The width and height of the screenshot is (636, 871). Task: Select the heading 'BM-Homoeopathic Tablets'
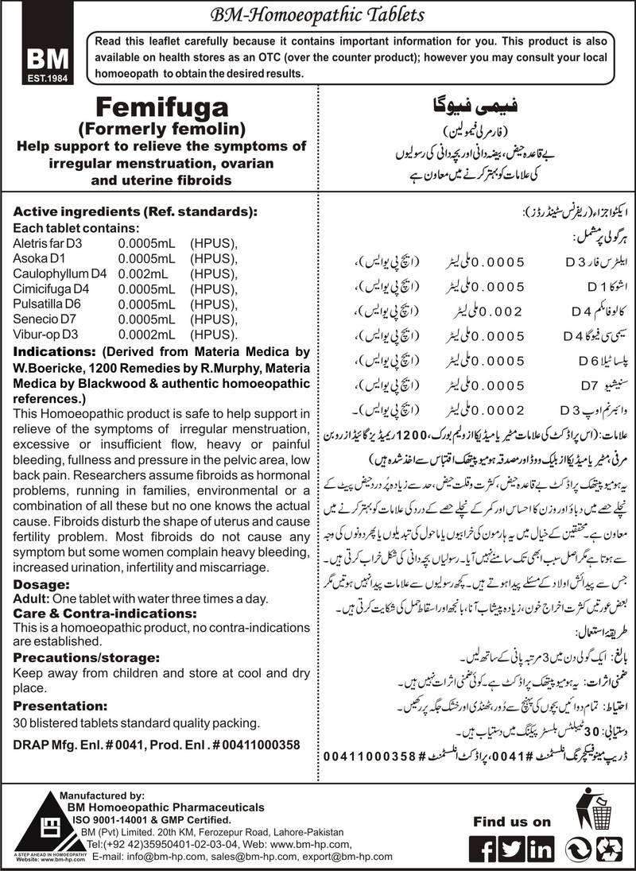point(321,14)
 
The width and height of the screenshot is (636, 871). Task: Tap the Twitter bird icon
point(513,848)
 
